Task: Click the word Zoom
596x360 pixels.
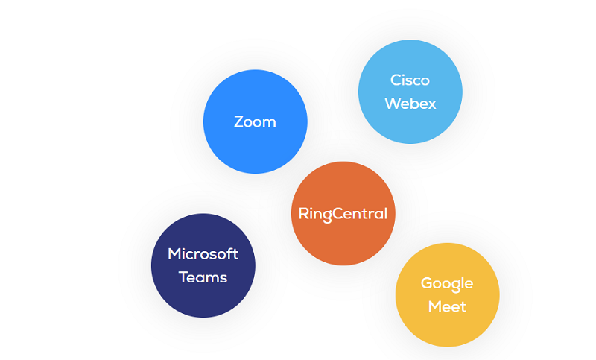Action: click(x=255, y=121)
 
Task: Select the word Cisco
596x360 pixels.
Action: click(x=410, y=80)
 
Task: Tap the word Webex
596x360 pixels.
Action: click(x=410, y=103)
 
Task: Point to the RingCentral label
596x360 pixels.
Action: click(x=343, y=214)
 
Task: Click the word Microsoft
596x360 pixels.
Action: click(x=203, y=253)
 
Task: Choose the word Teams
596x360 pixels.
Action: click(x=203, y=277)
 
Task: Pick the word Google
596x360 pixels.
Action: click(x=447, y=283)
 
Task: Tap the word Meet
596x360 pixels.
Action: click(x=447, y=306)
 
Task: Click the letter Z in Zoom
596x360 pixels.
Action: click(x=239, y=121)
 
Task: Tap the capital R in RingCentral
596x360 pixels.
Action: click(x=303, y=214)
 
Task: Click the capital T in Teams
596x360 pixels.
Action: click(x=183, y=277)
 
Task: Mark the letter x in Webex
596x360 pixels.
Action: click(x=431, y=104)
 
